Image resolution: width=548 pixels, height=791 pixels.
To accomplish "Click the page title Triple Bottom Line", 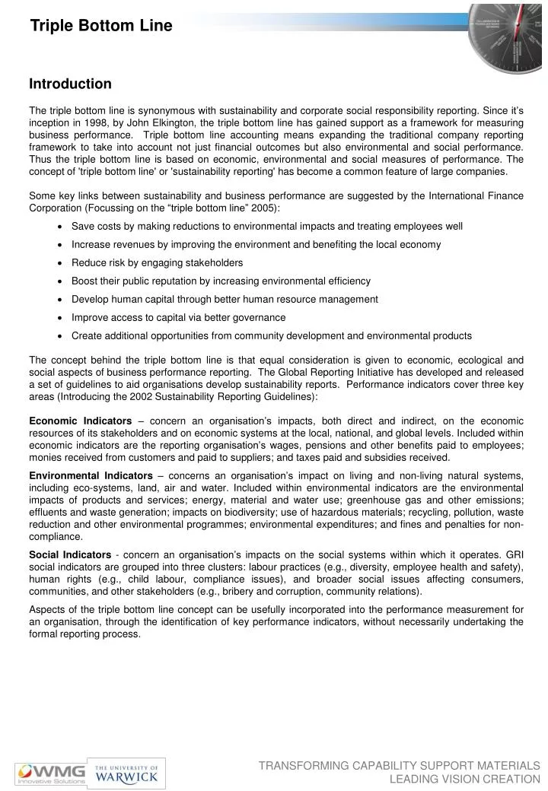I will pos(101,27).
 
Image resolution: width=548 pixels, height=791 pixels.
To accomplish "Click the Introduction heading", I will pos(70,84).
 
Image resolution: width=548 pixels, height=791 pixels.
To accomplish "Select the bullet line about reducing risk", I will pos(157,263).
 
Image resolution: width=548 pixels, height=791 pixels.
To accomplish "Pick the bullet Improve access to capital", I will pos(178,317).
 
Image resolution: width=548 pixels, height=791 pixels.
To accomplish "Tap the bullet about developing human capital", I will pos(225,299).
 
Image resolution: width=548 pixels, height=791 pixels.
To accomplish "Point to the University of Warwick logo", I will pos(126,774).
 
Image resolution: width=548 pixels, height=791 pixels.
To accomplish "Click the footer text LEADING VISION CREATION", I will pos(464,779).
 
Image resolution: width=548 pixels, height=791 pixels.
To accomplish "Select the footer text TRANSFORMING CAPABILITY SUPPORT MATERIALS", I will pos(399,765).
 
